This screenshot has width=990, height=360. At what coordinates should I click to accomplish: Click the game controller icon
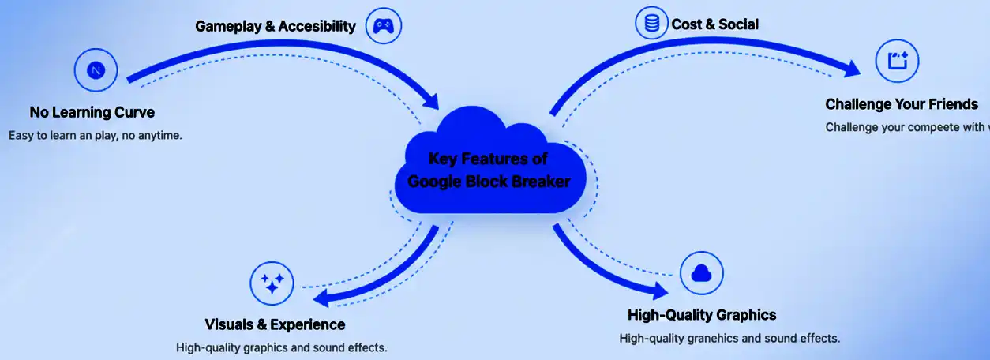[383, 26]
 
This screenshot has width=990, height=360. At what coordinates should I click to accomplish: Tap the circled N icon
[96, 71]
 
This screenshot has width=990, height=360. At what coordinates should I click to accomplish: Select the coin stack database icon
[652, 24]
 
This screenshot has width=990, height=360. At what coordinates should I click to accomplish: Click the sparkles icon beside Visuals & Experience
[272, 283]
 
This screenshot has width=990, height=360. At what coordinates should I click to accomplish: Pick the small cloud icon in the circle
[701, 273]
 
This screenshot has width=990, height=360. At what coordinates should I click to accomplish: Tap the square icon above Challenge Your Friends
[898, 61]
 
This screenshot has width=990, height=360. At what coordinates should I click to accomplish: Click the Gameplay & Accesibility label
[276, 27]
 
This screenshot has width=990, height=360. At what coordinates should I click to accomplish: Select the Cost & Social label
[714, 24]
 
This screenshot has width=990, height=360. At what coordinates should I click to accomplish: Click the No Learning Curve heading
[92, 112]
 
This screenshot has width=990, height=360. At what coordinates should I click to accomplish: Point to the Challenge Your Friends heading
[902, 104]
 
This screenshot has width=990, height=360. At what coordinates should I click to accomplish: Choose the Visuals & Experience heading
[275, 324]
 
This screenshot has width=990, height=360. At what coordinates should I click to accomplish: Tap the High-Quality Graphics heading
[702, 315]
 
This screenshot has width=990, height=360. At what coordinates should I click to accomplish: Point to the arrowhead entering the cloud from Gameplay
[431, 100]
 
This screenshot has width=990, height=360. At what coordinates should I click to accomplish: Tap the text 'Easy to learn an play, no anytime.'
[96, 135]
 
